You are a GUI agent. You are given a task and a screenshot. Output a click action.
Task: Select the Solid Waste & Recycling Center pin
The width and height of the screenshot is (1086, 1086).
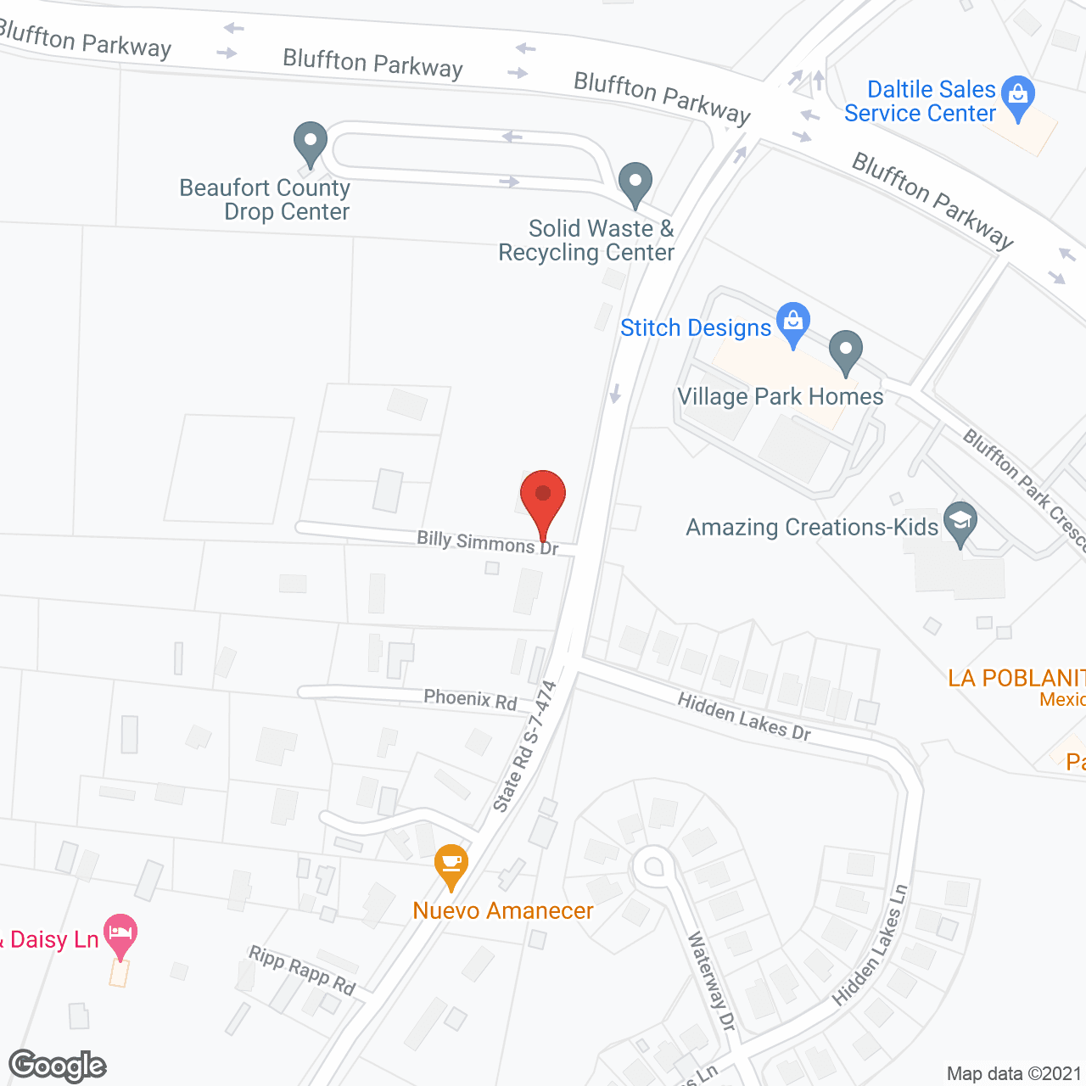point(635,182)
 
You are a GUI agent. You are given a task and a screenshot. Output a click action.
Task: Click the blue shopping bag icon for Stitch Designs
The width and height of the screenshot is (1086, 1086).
point(793,323)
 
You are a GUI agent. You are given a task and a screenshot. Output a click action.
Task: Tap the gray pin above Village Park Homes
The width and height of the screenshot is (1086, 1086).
point(845,350)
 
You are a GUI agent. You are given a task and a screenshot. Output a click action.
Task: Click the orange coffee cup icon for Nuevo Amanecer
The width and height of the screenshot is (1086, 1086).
point(451,865)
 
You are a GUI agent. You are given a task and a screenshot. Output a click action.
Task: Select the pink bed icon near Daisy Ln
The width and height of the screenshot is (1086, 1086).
point(120,934)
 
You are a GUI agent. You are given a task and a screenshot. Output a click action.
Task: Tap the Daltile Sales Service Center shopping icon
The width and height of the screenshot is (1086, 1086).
point(1018,96)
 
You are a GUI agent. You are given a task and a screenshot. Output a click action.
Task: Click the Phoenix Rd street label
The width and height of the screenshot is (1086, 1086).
point(470,699)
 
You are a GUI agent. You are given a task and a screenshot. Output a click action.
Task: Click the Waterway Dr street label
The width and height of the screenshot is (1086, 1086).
point(711,981)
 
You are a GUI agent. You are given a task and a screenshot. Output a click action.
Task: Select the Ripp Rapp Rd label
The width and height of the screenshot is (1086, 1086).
point(302,970)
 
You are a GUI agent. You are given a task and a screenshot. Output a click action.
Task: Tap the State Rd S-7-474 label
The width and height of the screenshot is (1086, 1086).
point(525,746)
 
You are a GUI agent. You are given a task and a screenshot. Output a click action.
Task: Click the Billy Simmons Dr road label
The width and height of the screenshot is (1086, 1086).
point(488,542)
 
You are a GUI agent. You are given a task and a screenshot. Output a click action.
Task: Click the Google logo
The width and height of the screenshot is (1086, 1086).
point(58,1066)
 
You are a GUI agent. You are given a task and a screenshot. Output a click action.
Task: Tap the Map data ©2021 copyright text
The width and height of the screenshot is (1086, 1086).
point(1014,1073)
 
